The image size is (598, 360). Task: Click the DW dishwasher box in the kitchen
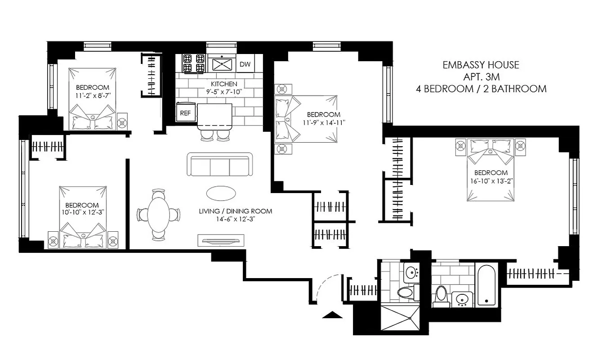(245, 64)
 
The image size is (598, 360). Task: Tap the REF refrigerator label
(185, 113)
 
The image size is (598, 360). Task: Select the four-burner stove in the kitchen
(193, 63)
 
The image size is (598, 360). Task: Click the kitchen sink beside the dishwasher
(221, 64)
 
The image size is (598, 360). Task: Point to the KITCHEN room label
(224, 84)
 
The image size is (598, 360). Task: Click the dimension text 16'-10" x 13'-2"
(491, 181)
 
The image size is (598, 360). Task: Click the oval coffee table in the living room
(221, 193)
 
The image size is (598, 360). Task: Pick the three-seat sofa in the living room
(220, 165)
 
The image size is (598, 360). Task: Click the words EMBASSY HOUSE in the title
(481, 65)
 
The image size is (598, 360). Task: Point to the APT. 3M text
(481, 76)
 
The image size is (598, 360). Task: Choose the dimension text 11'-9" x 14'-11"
(323, 122)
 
